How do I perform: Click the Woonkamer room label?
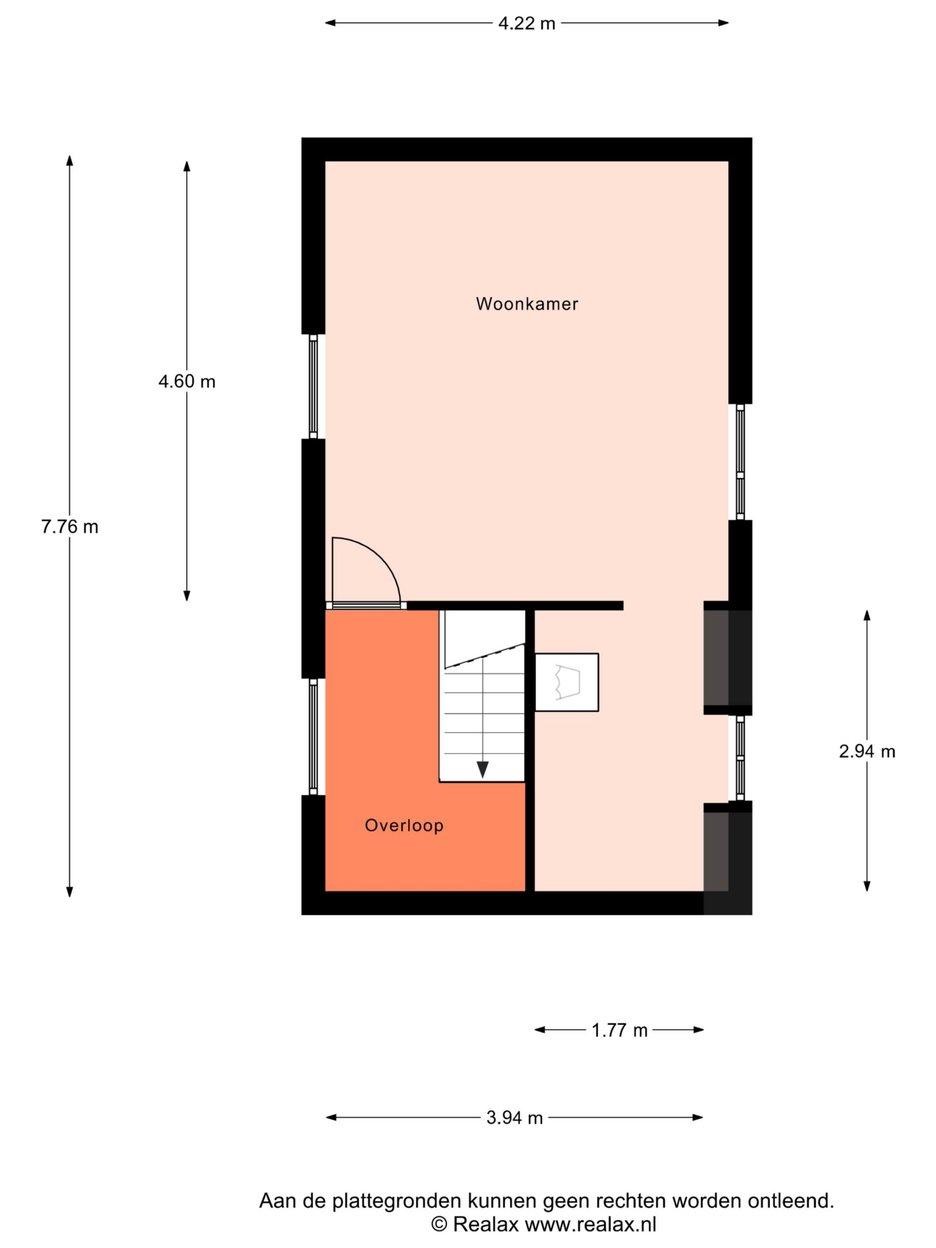coord(527,304)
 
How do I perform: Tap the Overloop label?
coord(404,825)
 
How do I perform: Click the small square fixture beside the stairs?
coord(566,682)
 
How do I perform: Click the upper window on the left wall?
coord(313,387)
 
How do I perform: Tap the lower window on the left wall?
coord(313,736)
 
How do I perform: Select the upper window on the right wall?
coord(740,462)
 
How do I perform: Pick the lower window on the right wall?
coord(740,758)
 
